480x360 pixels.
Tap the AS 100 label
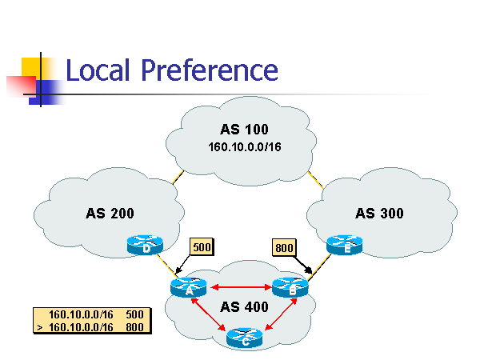244,130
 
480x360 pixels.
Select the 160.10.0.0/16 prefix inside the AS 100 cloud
244,146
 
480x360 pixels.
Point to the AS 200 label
110,214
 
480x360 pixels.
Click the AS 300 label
379,214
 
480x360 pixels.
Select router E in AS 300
345,244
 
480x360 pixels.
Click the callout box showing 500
202,246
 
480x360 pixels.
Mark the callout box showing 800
284,247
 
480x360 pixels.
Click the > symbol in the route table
39,326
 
